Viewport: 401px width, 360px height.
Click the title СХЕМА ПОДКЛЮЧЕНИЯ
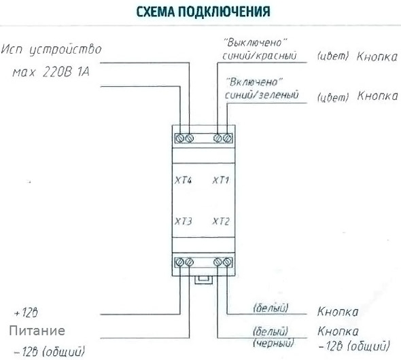pos(203,12)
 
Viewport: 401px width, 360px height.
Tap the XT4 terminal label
pos(183,181)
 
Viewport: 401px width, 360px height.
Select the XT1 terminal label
pos(221,181)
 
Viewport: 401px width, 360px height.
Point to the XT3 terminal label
pos(183,221)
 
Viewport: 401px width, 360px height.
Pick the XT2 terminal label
pos(221,221)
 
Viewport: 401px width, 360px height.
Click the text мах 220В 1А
pos(51,72)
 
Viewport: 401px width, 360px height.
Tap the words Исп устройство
pos(52,50)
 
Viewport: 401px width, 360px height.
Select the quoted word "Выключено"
pos(255,42)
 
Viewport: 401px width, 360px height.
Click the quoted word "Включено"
pos(254,82)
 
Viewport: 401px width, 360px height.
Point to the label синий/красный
pos(260,56)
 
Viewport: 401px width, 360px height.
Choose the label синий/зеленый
pos(262,95)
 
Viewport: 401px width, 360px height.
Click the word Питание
pos(37,331)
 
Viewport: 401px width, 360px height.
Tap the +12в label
pos(26,312)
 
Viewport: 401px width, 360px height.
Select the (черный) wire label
pos(273,342)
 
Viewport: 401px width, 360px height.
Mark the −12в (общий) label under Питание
pos(49,351)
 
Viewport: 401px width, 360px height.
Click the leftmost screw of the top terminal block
pos(180,138)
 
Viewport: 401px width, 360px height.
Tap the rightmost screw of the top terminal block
pos(227,138)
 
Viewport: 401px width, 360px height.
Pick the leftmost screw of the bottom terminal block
pos(180,262)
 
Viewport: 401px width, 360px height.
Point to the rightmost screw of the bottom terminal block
pos(227,262)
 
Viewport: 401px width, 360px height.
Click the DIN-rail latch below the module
pos(203,280)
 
